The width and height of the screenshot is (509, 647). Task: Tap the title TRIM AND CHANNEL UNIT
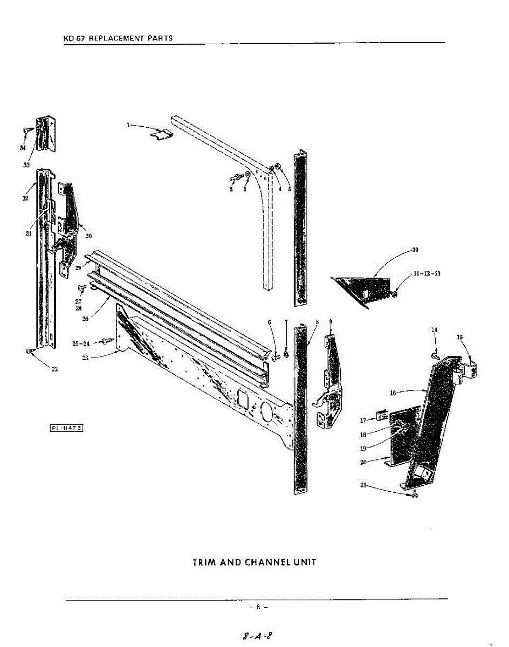tap(254, 562)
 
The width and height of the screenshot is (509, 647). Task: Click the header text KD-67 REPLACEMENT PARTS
tap(118, 38)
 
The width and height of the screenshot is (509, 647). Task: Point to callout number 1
tap(128, 125)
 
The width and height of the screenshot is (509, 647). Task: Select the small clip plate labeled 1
tap(160, 135)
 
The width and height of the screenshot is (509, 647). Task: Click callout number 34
tap(23, 148)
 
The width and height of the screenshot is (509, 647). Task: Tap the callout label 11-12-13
tap(427, 273)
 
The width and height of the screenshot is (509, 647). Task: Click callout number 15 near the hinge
tap(459, 338)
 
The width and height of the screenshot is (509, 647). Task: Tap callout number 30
tap(88, 235)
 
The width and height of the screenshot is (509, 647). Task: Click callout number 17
tap(363, 420)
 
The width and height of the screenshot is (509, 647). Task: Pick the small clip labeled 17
tap(382, 415)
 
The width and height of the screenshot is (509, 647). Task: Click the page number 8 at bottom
tap(258, 607)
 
